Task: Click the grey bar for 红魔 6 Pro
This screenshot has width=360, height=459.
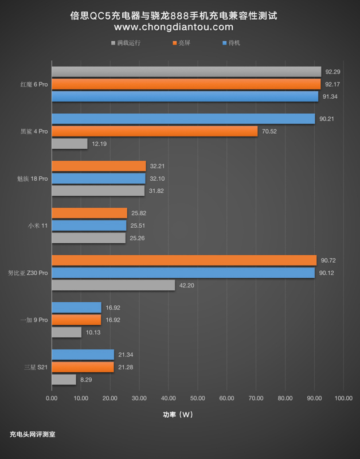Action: point(186,72)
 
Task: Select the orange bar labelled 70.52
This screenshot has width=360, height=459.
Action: point(155,131)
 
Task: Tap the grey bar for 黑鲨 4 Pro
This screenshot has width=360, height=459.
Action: point(69,144)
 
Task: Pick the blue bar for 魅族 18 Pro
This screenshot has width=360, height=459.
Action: point(99,178)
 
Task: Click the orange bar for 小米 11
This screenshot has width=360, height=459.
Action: point(89,213)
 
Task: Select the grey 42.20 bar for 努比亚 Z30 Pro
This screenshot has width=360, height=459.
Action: point(113,285)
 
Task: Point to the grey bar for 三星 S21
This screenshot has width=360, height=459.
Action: point(64,379)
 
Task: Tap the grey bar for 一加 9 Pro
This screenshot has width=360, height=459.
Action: point(66,332)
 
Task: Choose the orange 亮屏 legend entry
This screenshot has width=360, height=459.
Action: point(185,42)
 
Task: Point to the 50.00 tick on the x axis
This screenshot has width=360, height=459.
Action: point(197,398)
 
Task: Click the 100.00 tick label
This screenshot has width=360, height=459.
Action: point(343,398)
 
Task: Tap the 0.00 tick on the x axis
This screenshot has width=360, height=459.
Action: point(52,398)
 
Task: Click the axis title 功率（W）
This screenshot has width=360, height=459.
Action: point(179,415)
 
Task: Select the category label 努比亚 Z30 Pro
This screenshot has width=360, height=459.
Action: point(28,273)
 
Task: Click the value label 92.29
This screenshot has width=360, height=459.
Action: point(332,72)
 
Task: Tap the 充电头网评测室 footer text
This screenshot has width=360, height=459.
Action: point(33,434)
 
